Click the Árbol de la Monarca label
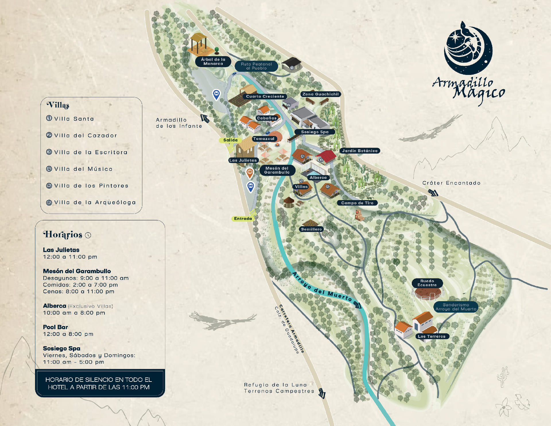(x=213, y=61)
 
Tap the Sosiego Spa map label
(x=315, y=132)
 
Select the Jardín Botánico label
(x=360, y=151)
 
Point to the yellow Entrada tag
(x=243, y=219)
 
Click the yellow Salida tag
(x=230, y=140)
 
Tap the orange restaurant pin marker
(x=250, y=173)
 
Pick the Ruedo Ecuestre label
(x=427, y=283)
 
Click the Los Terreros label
(x=432, y=336)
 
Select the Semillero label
(x=311, y=229)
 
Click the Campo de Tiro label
(x=357, y=203)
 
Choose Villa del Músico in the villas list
(x=83, y=169)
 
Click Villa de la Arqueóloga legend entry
(x=95, y=203)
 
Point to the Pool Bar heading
(x=55, y=327)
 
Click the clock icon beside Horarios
(x=88, y=235)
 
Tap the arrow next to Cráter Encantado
(x=433, y=193)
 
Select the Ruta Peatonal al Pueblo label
(x=256, y=66)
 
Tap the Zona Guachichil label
(x=320, y=94)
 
